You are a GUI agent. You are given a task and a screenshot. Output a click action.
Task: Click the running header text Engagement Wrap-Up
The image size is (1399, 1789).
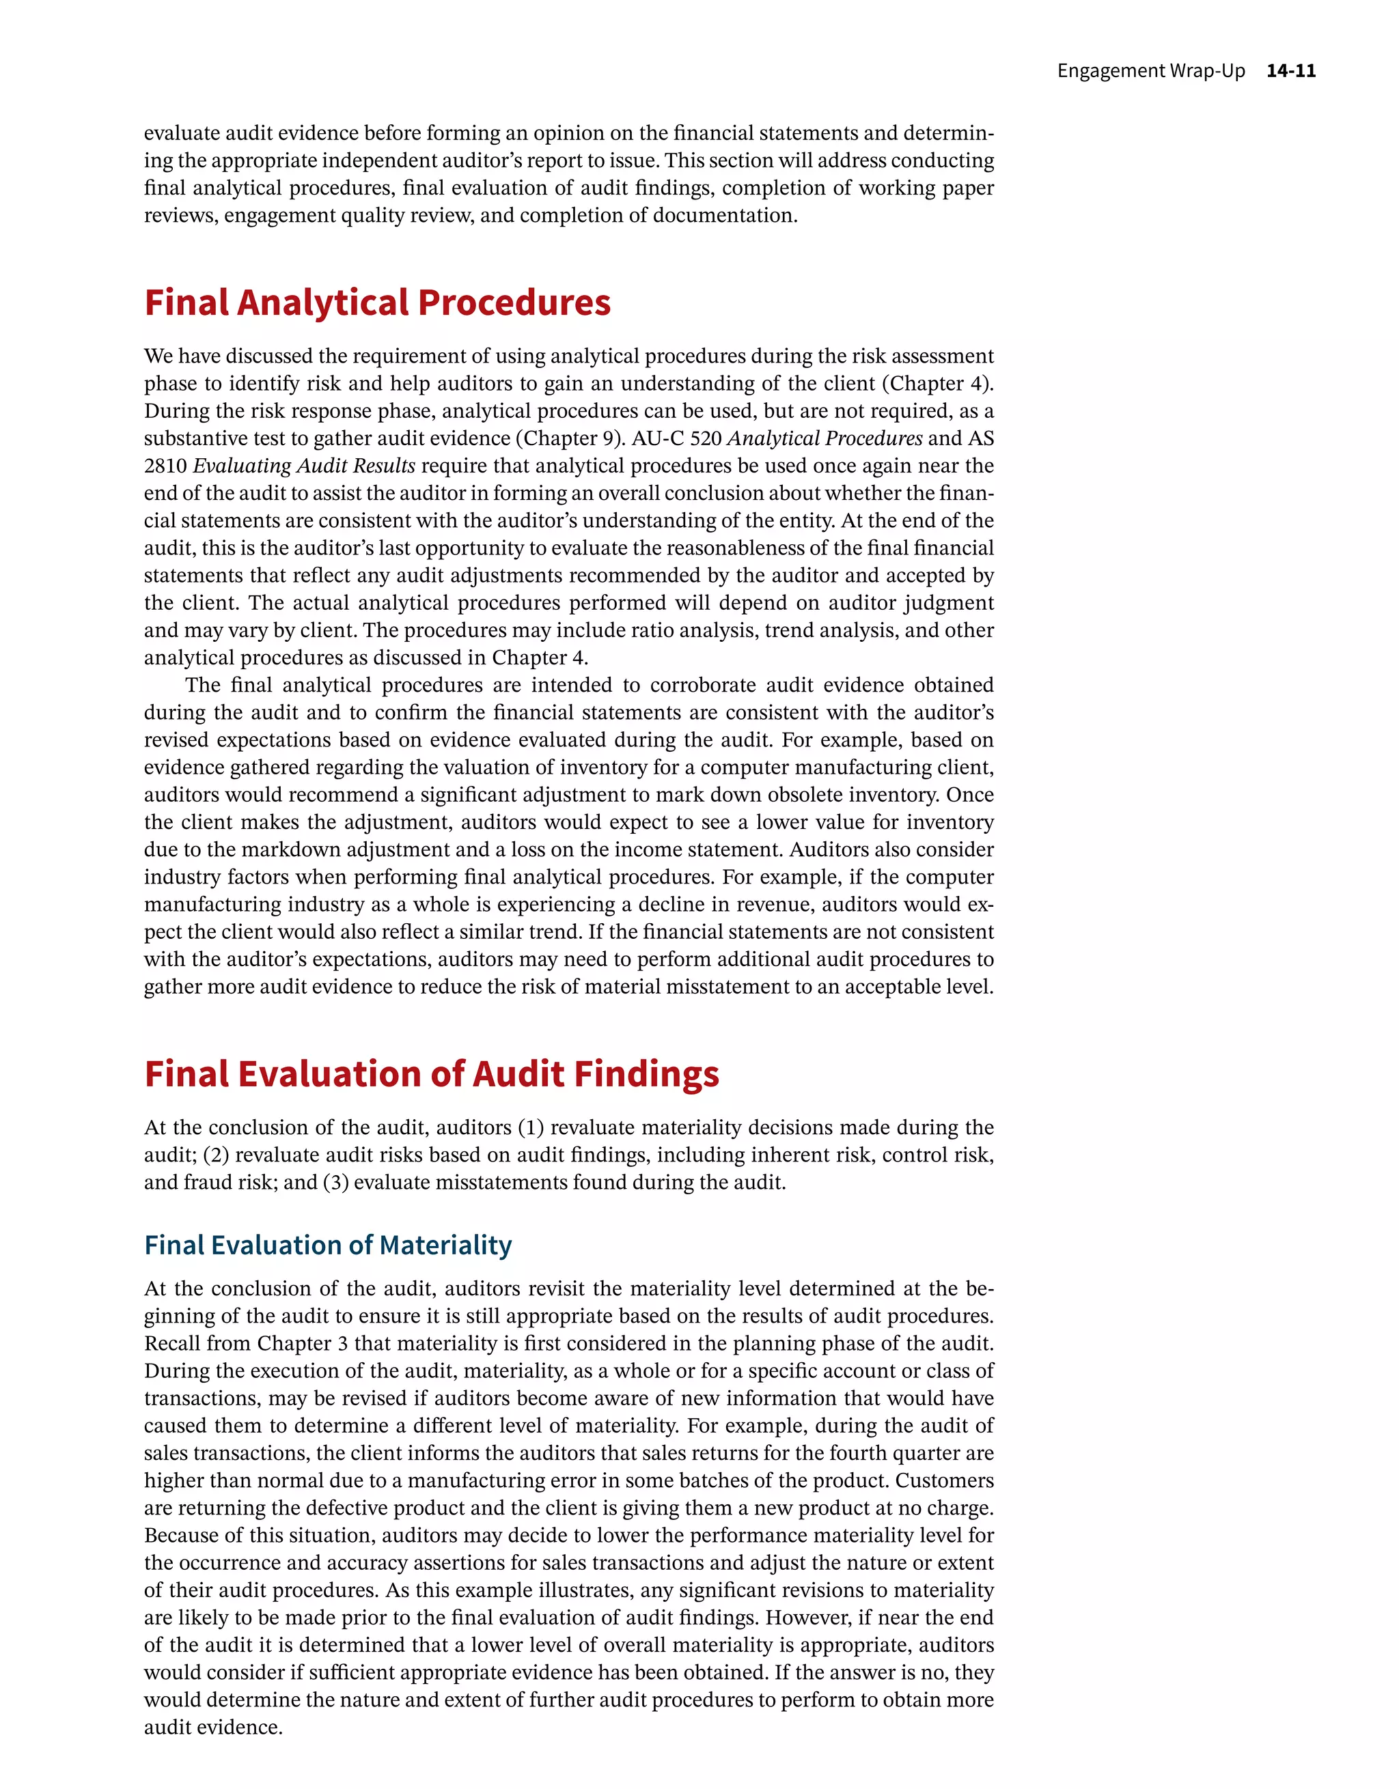coord(1150,70)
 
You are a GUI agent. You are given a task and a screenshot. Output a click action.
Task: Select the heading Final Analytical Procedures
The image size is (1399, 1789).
coord(377,302)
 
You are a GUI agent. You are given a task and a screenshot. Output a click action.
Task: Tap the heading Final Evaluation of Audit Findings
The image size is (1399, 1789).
coord(431,1074)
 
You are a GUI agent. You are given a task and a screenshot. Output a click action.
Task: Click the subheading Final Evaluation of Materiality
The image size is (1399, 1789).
coord(328,1245)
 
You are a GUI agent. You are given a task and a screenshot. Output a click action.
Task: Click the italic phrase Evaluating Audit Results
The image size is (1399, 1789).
coord(304,466)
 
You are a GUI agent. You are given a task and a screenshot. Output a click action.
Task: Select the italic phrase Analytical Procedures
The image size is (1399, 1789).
coord(825,438)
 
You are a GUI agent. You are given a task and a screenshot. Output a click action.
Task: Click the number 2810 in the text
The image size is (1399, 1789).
coord(165,466)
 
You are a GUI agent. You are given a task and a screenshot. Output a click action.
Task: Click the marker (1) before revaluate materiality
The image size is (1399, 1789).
coord(530,1128)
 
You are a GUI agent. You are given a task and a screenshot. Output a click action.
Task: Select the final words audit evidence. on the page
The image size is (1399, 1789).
coord(213,1728)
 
